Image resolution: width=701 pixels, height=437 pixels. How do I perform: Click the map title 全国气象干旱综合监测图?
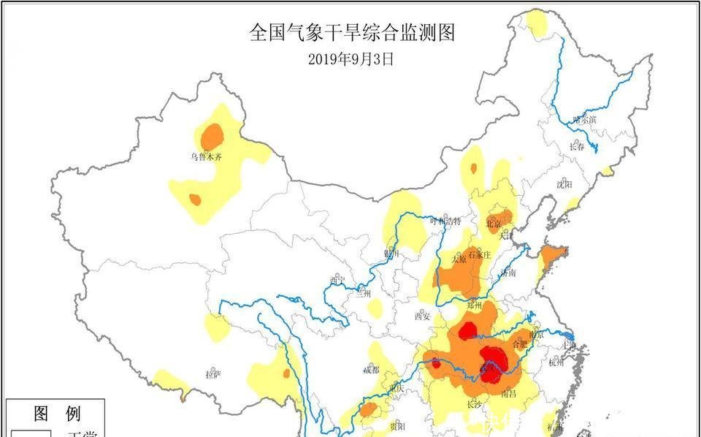[x=351, y=33]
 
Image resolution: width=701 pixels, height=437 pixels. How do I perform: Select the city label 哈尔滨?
[x=584, y=119]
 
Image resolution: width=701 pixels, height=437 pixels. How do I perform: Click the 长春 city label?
[x=577, y=146]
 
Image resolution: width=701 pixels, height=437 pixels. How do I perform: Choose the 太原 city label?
[x=459, y=259]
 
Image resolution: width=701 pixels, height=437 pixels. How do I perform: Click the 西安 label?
[x=423, y=316]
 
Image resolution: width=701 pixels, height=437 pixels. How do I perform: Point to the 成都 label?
[x=371, y=369]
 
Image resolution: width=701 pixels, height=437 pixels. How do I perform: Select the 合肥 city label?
[x=520, y=342]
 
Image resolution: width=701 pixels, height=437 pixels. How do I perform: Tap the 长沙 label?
[x=475, y=403]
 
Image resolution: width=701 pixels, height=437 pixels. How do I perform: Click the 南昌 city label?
[x=509, y=394]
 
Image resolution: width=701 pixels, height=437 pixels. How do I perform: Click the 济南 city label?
[x=508, y=272]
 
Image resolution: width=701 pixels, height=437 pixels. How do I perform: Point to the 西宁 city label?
[x=337, y=279]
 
